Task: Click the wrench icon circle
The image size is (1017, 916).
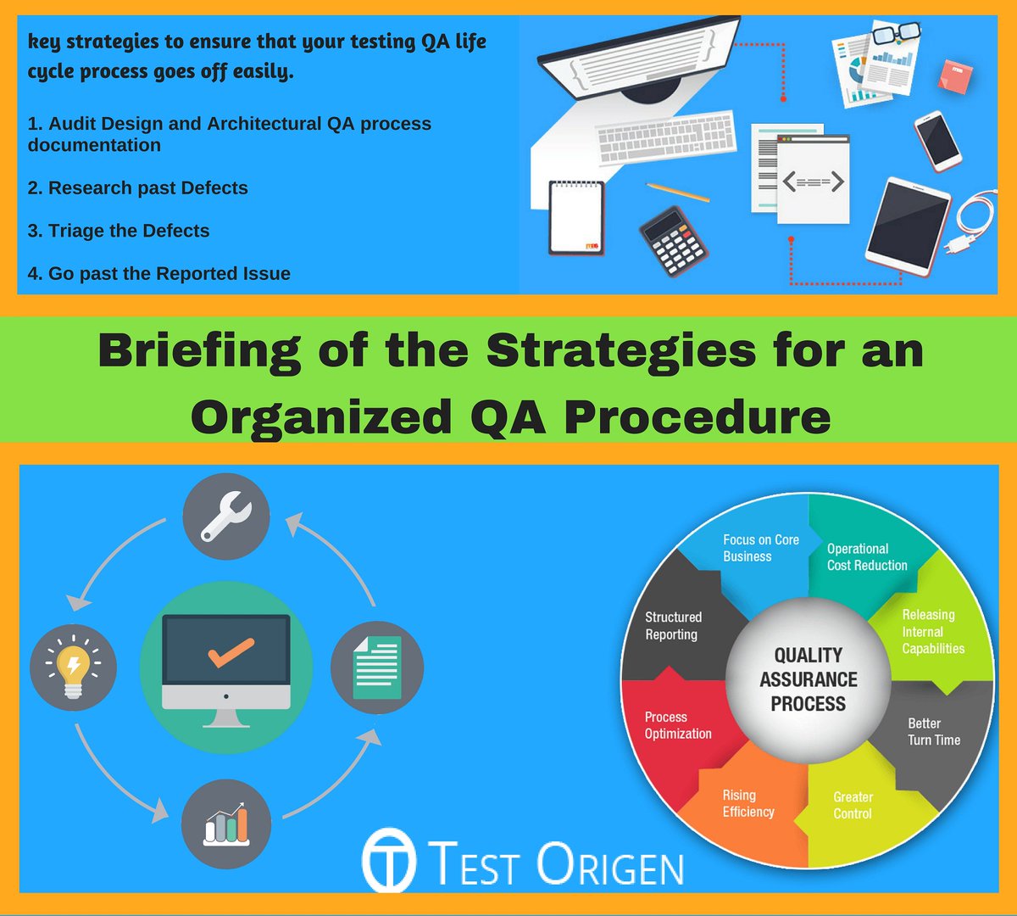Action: point(226,517)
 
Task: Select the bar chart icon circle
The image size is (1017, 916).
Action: point(226,824)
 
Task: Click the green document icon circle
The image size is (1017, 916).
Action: point(376,667)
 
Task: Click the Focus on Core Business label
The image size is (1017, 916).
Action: point(760,548)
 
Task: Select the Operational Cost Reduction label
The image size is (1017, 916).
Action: point(866,557)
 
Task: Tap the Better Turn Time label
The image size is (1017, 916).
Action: point(933,731)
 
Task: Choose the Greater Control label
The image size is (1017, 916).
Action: point(853,805)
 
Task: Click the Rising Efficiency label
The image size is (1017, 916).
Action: point(747,803)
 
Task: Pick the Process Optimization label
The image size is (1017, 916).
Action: point(677,725)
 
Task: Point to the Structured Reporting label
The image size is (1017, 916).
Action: point(673,625)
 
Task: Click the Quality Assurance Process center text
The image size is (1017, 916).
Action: point(808,679)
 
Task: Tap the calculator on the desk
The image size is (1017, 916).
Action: point(673,240)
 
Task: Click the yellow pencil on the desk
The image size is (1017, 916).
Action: point(677,193)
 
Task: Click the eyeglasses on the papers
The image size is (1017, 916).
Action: point(896,35)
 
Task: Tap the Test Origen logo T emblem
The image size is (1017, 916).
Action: point(389,861)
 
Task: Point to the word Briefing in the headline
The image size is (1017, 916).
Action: point(198,350)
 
